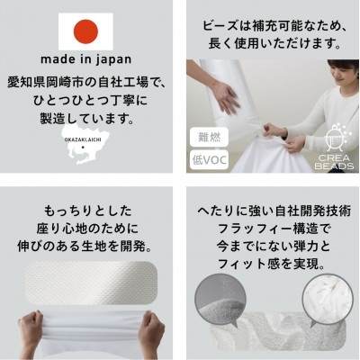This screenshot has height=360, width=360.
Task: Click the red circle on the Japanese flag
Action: pos(85,31)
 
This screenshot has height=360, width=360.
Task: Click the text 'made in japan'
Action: pos(86,59)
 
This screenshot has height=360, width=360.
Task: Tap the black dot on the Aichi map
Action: pos(83,148)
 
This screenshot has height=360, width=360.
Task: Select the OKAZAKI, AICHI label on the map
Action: pos(83,139)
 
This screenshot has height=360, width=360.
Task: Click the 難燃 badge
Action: pos(209,138)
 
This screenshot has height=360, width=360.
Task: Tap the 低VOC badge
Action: pos(209,160)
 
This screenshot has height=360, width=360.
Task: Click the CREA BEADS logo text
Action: pos(334,162)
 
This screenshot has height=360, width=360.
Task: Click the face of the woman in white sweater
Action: pos(340,77)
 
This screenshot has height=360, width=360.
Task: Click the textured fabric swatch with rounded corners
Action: pos(91,283)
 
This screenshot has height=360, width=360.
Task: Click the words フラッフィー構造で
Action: pos(274,229)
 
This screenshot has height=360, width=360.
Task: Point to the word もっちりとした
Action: pos(87,211)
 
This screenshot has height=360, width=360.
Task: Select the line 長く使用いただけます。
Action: pos(274,44)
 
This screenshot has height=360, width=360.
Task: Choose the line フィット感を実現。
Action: pos(272,264)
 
